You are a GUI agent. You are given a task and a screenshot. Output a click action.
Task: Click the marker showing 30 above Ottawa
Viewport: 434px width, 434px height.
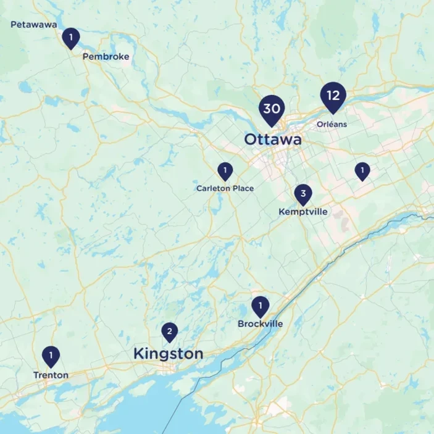point(272,109)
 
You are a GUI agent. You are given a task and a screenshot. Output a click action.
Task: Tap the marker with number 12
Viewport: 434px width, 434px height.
point(333,96)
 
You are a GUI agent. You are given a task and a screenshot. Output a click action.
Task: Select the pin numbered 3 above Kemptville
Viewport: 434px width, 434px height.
point(303,194)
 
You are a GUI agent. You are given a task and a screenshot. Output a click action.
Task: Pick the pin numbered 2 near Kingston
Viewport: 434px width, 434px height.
point(169,332)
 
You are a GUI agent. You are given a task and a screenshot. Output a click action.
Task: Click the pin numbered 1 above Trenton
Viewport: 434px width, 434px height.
point(51,356)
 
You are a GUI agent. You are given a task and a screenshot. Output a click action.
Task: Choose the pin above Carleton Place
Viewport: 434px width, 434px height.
point(225,170)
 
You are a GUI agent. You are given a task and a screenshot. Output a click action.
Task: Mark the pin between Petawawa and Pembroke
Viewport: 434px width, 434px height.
point(71,38)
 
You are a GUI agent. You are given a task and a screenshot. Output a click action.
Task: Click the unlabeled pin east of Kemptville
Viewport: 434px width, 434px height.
point(362,170)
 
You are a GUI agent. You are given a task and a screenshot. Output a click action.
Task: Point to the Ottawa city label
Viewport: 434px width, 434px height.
point(273,140)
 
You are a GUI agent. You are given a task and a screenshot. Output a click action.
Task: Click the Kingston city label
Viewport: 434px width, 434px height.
point(168,354)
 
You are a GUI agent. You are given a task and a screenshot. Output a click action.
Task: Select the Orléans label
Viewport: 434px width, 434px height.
point(332,124)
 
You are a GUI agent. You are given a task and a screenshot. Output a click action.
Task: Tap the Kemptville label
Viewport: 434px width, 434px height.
point(303,212)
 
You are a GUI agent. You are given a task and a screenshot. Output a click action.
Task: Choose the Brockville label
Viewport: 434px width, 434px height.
point(260,323)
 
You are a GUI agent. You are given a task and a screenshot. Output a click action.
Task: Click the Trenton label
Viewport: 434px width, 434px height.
point(51,375)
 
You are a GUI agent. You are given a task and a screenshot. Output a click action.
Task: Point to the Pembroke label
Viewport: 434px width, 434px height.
point(106,57)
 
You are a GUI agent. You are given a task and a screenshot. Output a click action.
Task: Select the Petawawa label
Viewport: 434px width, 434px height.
point(34,25)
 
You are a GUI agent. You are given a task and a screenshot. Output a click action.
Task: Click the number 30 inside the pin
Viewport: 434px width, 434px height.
point(272,108)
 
